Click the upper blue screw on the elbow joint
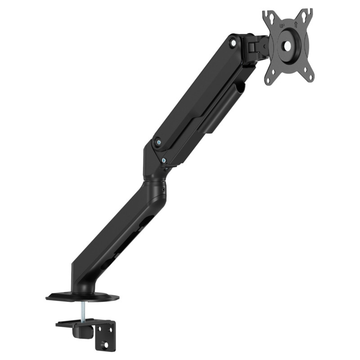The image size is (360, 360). pos(158,141)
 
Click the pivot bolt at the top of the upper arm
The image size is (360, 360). pos(233,43)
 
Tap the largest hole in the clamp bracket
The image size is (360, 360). pos(106,346)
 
